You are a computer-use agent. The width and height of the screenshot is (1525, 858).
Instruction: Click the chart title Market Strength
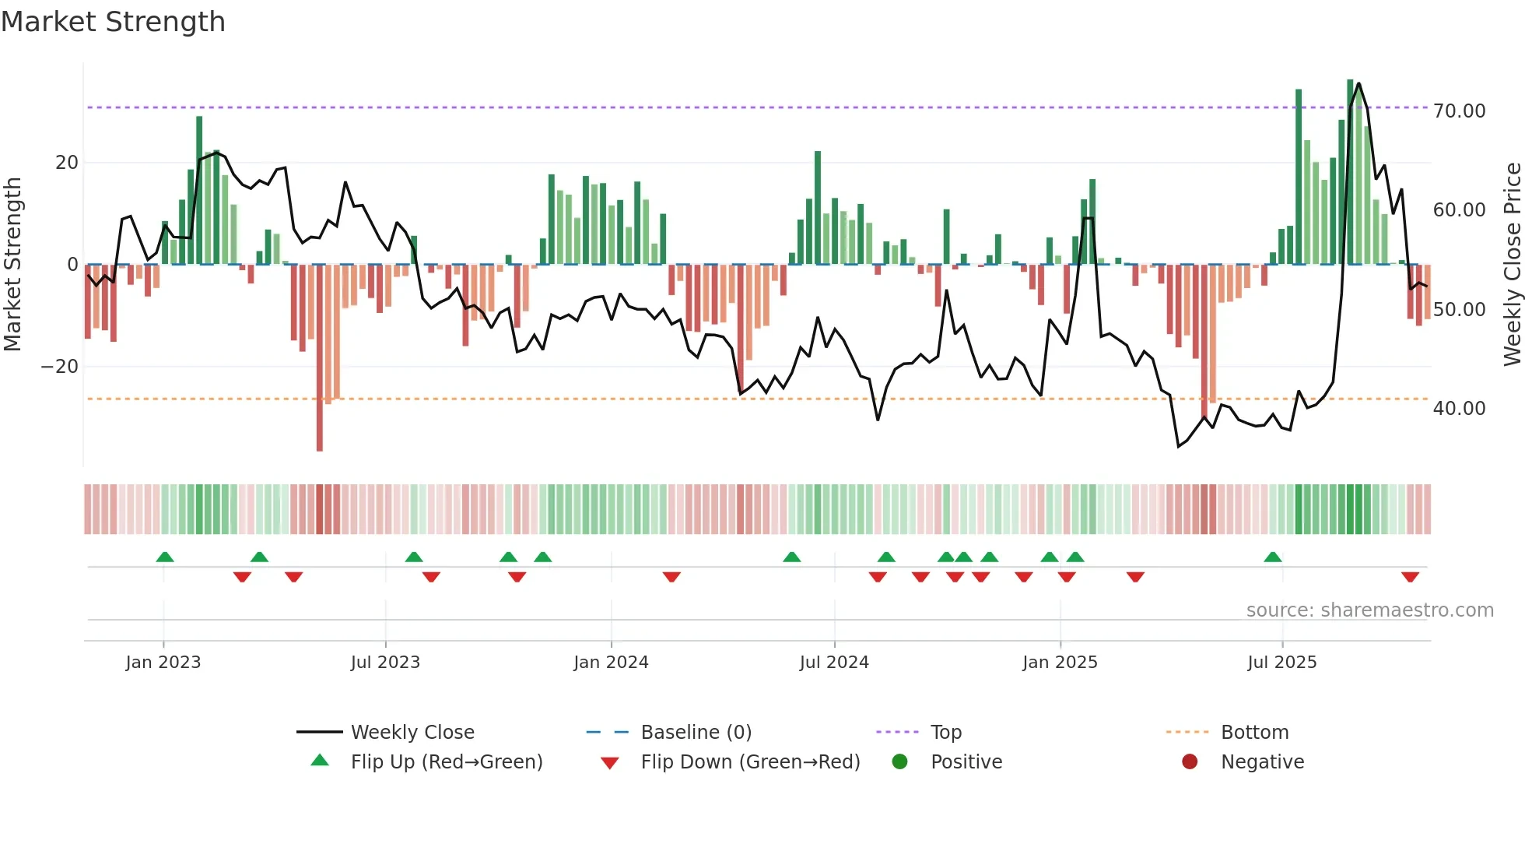[113, 22]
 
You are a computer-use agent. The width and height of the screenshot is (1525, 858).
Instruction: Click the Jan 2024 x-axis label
[611, 663]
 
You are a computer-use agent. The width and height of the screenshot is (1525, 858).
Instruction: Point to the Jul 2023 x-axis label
[385, 663]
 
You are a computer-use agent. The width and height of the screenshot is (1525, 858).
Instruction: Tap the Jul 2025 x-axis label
[1281, 663]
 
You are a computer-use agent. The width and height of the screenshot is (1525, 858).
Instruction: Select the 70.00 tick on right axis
[1459, 111]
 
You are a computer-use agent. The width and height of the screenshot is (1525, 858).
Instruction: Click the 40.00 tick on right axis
[1459, 409]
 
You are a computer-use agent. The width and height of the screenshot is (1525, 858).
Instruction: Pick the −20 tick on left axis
[60, 367]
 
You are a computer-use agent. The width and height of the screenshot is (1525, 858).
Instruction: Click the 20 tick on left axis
[67, 163]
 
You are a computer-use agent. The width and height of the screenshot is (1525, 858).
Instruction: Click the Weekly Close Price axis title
[1512, 265]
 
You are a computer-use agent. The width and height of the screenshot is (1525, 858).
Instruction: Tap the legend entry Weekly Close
[412, 733]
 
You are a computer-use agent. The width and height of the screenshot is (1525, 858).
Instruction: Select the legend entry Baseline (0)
[696, 733]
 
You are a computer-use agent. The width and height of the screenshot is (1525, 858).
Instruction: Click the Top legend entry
[945, 733]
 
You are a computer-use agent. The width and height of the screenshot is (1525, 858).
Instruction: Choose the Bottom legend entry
[1254, 733]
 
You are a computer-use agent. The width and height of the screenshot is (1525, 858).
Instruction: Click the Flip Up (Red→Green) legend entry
[446, 762]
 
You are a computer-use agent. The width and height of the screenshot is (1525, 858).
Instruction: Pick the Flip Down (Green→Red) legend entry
[750, 762]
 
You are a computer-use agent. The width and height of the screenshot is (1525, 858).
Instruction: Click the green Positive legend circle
[900, 762]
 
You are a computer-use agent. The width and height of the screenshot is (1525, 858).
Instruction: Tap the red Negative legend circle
[1190, 762]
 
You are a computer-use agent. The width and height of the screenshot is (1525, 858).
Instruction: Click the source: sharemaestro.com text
[1369, 610]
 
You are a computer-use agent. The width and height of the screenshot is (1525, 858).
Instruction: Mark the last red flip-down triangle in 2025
[1410, 577]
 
